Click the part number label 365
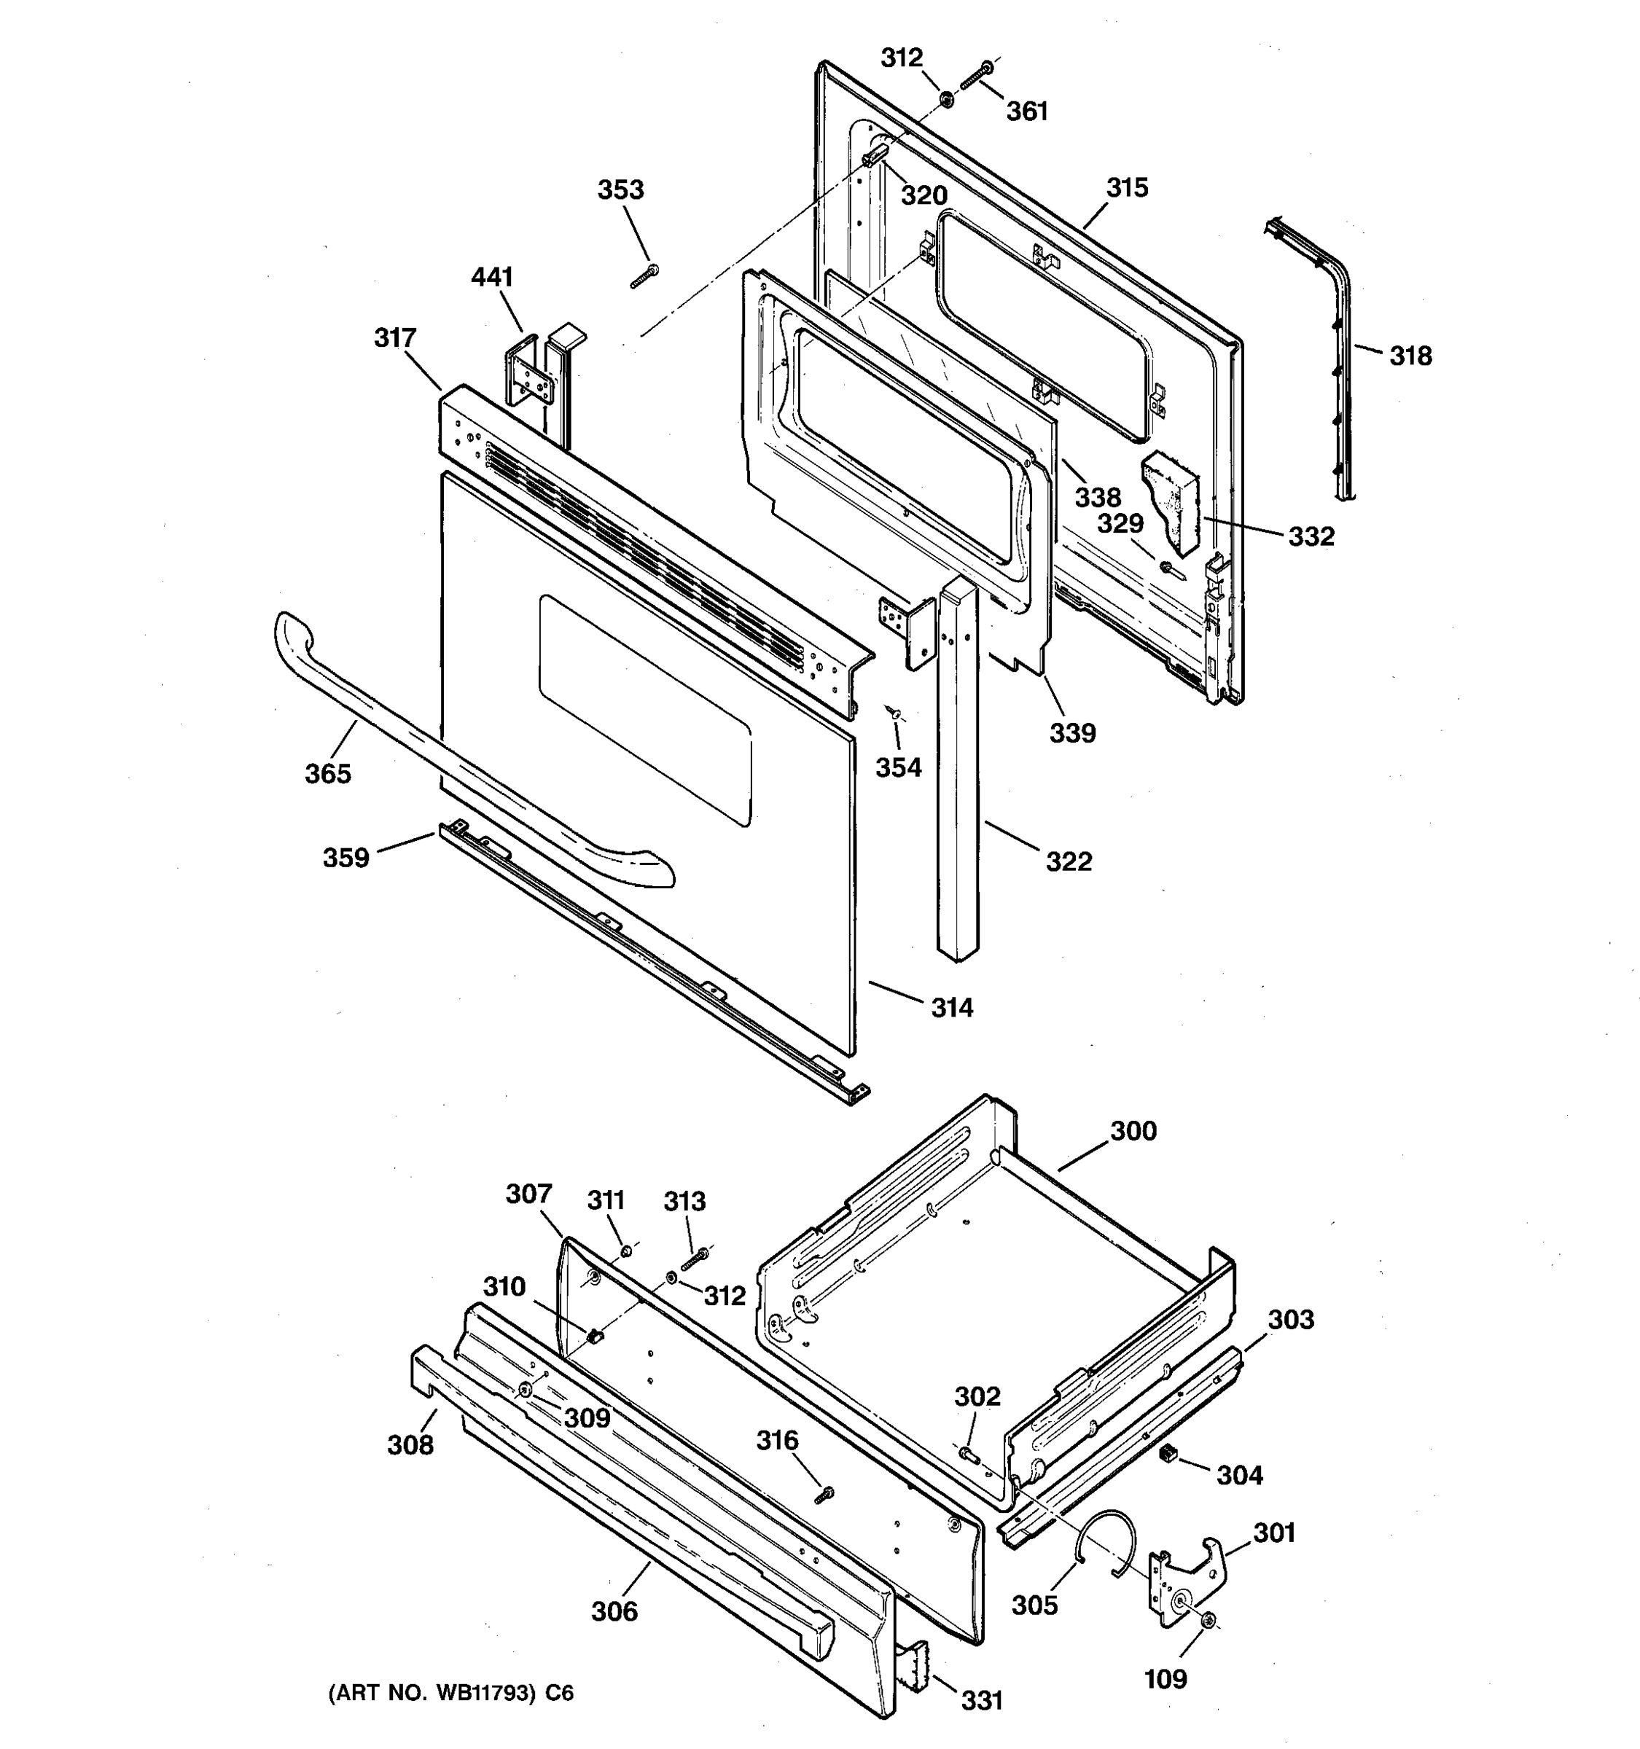pos(327,773)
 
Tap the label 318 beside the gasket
pos(1410,356)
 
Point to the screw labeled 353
pos(645,275)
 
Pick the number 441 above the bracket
pos(492,277)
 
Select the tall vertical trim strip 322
pos(958,774)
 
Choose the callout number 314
pos(952,1009)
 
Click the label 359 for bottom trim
pos(345,858)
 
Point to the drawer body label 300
pos(1133,1132)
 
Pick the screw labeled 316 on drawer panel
pos(824,1495)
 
